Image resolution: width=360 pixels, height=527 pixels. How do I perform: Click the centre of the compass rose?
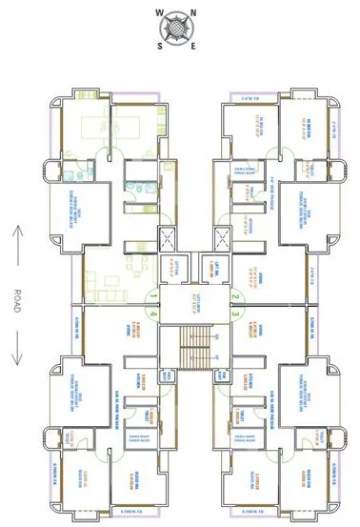point(178,30)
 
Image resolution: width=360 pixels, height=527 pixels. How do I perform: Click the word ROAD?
point(18,294)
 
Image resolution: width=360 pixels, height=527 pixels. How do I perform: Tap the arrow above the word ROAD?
point(18,238)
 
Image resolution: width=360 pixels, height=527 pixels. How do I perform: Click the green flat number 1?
point(153,296)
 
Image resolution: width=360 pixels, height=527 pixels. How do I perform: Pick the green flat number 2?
point(233,296)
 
